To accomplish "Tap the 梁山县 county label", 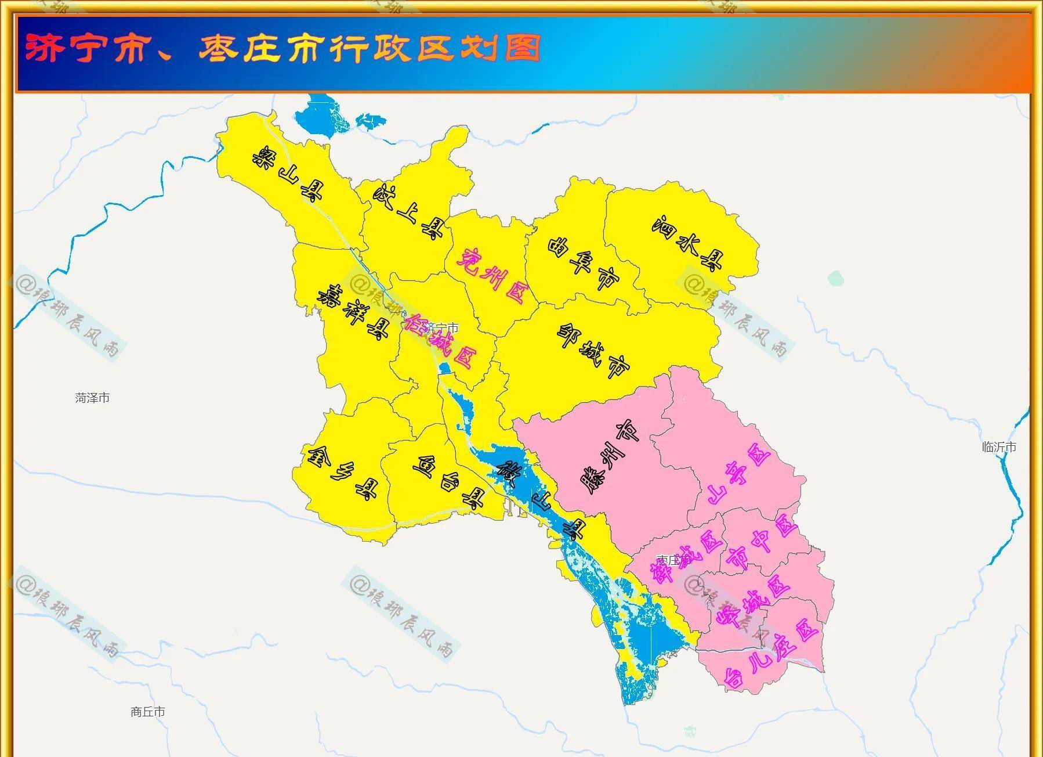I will pos(288,174).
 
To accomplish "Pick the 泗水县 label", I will pos(688,243).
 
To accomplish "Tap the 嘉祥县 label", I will pos(353,312).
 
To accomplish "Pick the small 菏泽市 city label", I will pos(92,398).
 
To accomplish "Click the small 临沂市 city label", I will pos(999,447).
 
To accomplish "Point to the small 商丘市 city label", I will pos(148,712).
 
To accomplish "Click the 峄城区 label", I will pos(754,604).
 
